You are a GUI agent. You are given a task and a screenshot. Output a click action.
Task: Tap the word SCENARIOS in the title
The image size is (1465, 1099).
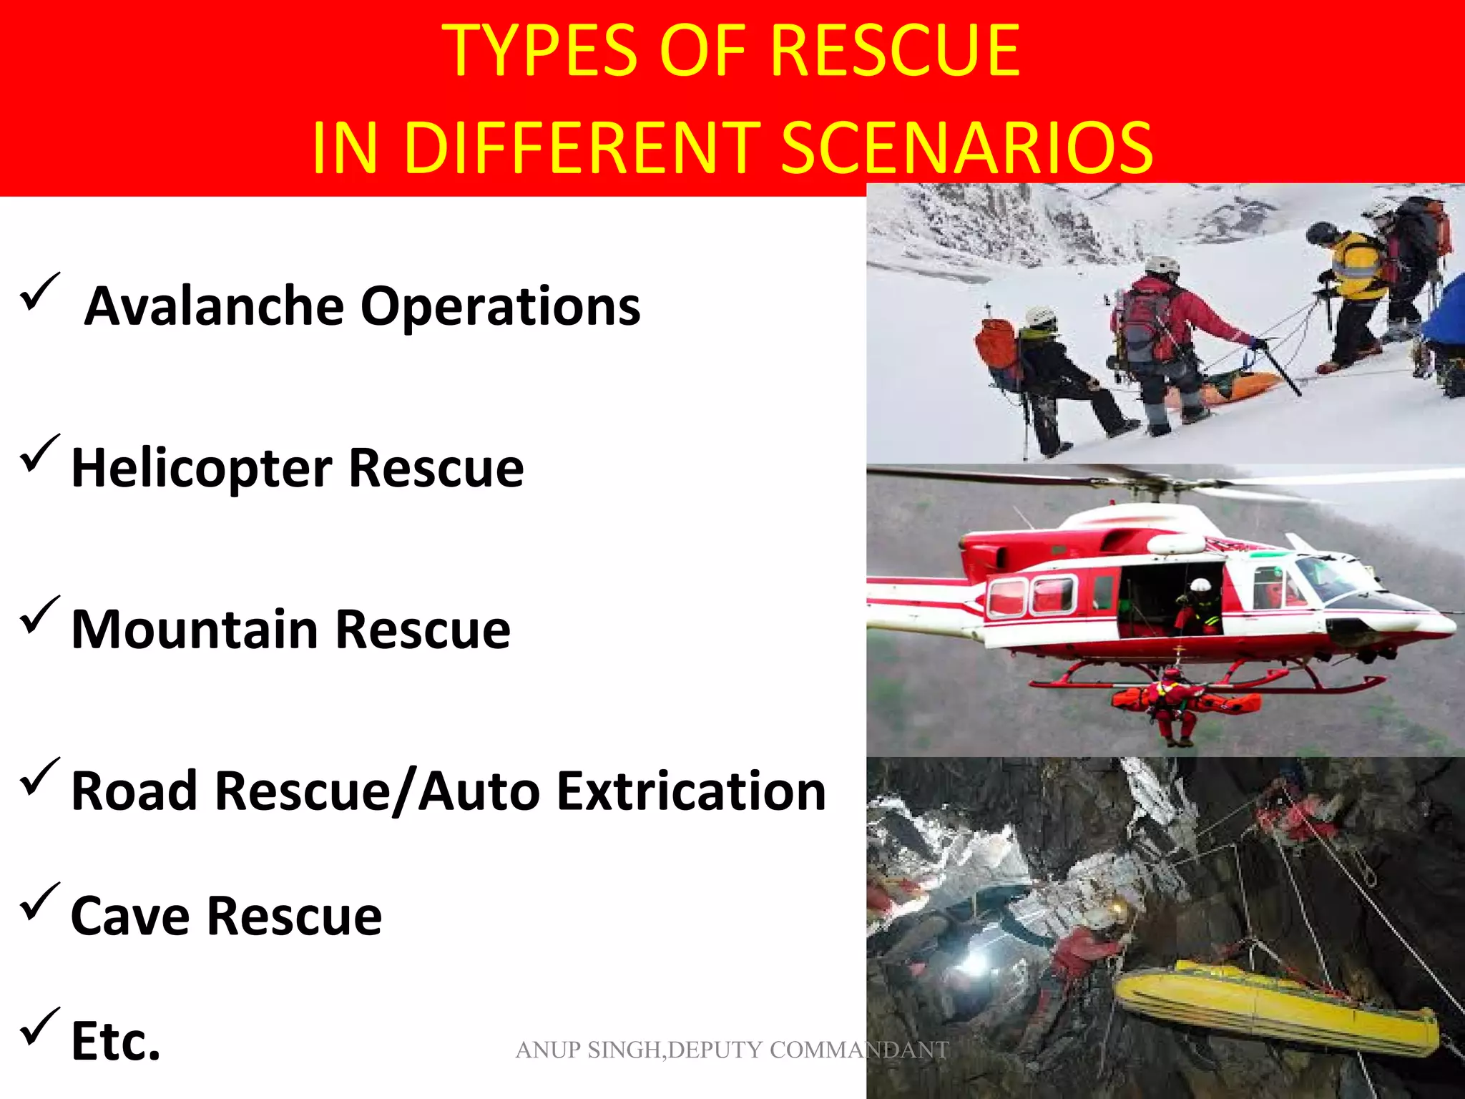pos(966,148)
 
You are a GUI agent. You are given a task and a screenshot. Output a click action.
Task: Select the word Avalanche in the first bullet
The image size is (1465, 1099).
pos(215,306)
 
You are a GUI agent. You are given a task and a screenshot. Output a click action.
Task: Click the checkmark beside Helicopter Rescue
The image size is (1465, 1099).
pos(39,455)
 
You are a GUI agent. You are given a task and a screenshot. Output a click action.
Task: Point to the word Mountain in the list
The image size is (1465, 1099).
pos(195,630)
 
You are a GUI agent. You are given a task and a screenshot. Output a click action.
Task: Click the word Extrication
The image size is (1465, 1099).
pos(692,792)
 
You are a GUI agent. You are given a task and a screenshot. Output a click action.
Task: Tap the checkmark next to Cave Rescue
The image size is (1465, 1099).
pos(39,903)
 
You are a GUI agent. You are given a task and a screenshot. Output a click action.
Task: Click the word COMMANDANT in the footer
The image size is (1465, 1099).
pos(859,1050)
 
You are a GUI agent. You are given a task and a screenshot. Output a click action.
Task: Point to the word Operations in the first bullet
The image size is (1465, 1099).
pos(501,306)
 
